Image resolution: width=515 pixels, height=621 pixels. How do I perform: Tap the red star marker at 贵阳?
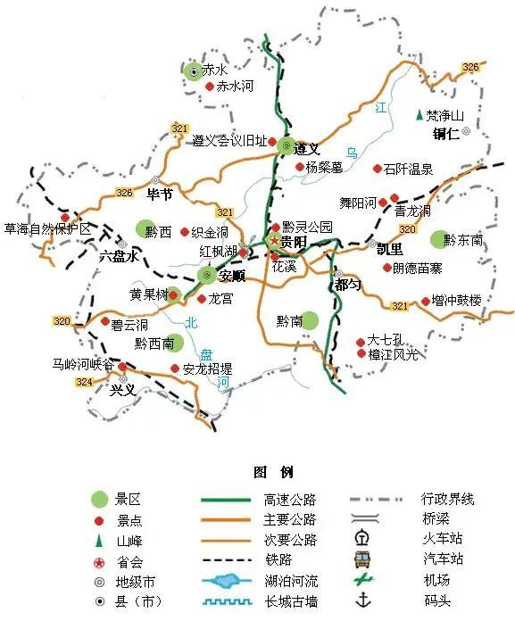pyautogui.click(x=273, y=242)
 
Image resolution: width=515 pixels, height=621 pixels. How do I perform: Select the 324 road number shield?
pyautogui.click(x=84, y=382)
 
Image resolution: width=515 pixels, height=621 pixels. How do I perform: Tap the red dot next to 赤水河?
pyautogui.click(x=210, y=87)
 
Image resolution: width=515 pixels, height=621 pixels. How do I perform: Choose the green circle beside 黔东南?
pyautogui.click(x=436, y=239)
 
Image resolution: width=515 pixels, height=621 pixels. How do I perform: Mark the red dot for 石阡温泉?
pyautogui.click(x=378, y=168)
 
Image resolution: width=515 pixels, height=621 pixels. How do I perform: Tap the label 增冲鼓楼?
pyautogui.click(x=456, y=301)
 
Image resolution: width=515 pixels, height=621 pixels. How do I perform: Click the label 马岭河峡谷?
pyautogui.click(x=83, y=364)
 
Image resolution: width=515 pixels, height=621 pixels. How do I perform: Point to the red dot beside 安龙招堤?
pyautogui.click(x=174, y=368)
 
